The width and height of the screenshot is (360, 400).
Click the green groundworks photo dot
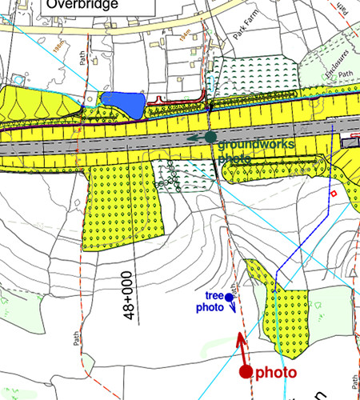(x=210, y=138)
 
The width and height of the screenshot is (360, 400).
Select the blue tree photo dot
(x=229, y=298)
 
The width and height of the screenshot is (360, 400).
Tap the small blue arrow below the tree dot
(x=232, y=309)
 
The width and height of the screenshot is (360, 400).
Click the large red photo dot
(x=246, y=372)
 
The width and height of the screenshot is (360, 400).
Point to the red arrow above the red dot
(x=240, y=347)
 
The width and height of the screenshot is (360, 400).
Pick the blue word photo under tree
(x=210, y=307)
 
